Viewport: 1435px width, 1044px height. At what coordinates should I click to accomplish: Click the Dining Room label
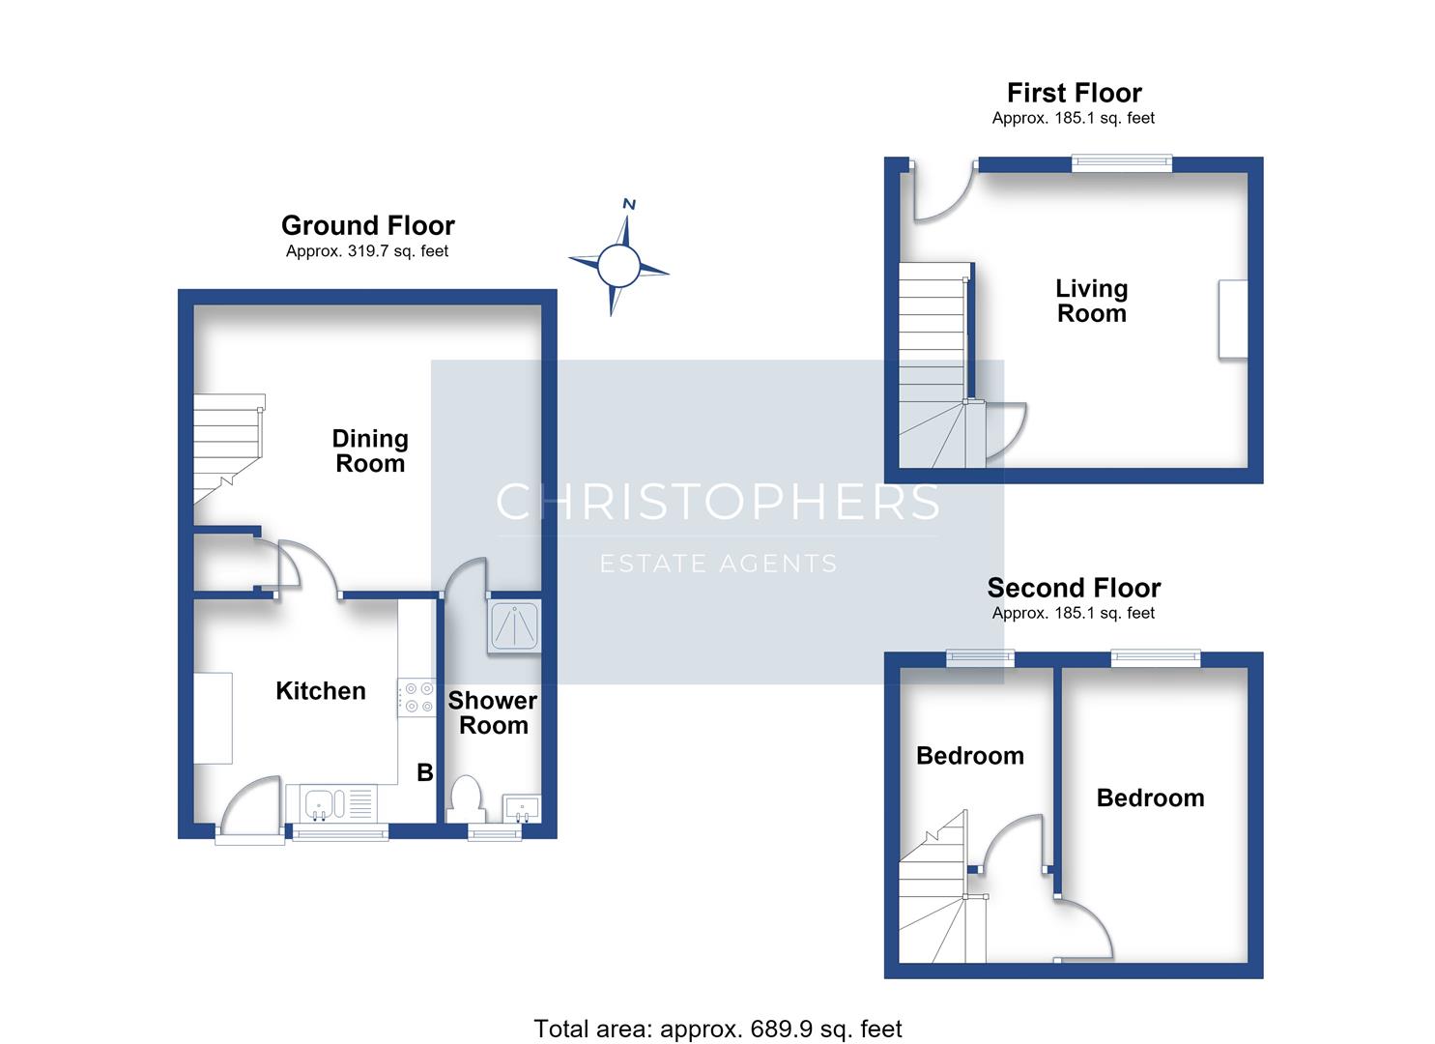click(x=370, y=451)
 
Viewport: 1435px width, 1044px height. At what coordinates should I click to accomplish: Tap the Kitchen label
click(x=321, y=691)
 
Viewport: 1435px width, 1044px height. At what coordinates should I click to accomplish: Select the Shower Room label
click(x=493, y=712)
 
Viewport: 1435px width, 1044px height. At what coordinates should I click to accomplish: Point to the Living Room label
click(x=1092, y=302)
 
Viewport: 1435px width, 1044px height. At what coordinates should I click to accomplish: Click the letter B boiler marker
click(x=425, y=772)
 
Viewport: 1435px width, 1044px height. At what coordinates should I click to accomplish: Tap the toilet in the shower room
click(x=466, y=799)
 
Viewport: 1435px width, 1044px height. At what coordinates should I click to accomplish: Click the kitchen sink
click(x=339, y=803)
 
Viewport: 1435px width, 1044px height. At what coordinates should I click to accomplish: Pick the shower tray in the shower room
click(x=514, y=626)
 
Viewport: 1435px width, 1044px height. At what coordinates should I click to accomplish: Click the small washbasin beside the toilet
click(x=522, y=809)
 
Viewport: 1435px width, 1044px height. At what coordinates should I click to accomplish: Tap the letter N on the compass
click(x=629, y=204)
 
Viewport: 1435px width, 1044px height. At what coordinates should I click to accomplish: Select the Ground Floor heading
click(x=368, y=225)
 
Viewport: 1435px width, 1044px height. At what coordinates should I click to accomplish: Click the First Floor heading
click(x=1075, y=93)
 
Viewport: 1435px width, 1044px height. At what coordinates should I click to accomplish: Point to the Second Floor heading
click(x=1074, y=588)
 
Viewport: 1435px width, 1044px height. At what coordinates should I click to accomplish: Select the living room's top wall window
click(x=1122, y=164)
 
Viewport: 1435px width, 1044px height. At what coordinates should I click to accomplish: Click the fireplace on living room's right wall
click(x=1233, y=319)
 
